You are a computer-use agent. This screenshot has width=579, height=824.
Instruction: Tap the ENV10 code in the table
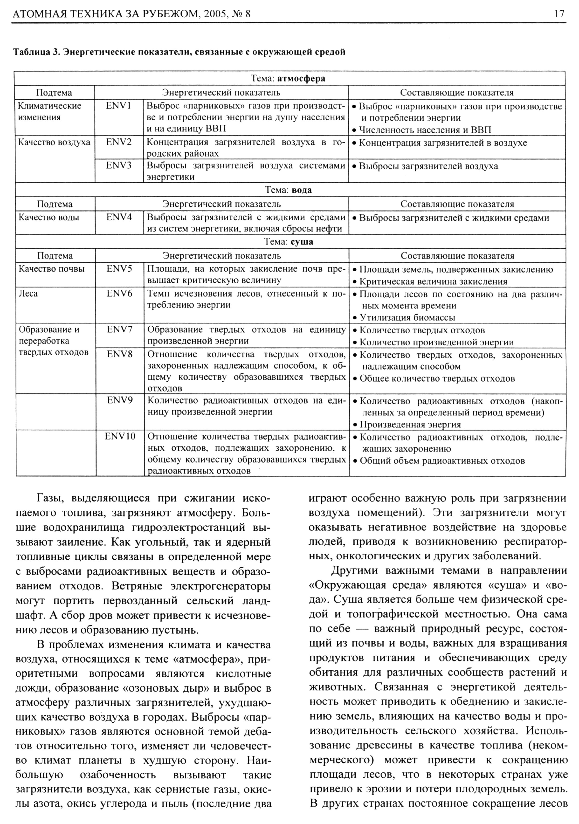120,436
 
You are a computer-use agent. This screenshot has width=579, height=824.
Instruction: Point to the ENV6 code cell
119,293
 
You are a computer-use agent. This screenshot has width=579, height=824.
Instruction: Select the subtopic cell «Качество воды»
49,217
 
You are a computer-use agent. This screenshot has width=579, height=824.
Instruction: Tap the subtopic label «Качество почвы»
52,269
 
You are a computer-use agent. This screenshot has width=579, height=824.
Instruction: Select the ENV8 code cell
119,354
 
